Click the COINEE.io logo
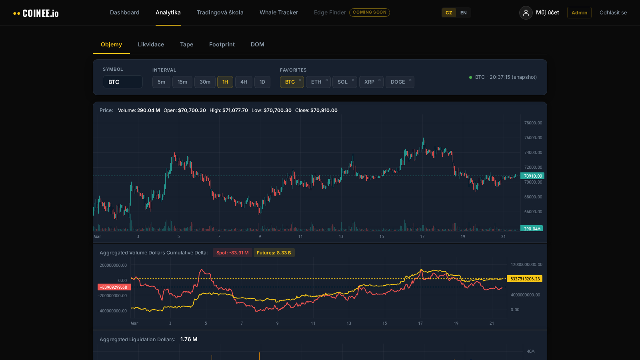point(36,13)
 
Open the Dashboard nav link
point(125,12)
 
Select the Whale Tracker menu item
point(279,12)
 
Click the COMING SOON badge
point(369,12)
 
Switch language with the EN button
point(463,13)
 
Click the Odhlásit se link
point(613,13)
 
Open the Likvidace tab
point(151,44)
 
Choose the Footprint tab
point(222,44)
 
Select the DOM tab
point(257,44)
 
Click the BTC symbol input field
point(122,82)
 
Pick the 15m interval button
point(182,82)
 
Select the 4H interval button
point(244,82)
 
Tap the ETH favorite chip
point(316,82)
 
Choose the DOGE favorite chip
point(398,82)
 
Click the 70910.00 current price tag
point(532,176)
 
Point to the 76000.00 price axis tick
point(533,138)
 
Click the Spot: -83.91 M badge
point(232,253)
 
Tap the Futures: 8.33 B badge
point(274,253)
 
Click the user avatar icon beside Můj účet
point(526,13)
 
